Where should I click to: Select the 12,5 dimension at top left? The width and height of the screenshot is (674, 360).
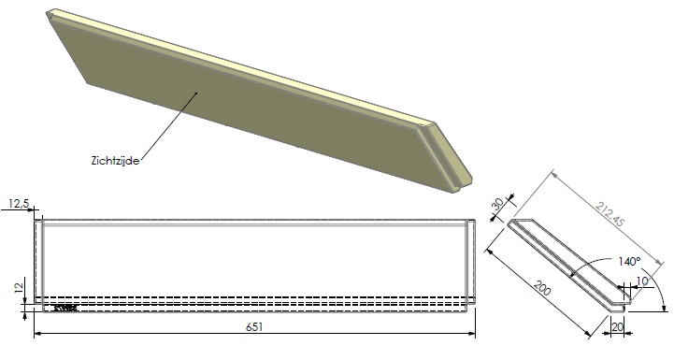click(16, 203)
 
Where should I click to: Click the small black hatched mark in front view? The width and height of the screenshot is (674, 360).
click(64, 306)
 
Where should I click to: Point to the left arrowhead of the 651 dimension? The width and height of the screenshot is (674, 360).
click(37, 335)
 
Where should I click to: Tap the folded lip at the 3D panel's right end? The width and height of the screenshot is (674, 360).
click(447, 159)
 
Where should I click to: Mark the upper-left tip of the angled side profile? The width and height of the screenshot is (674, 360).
click(510, 224)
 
